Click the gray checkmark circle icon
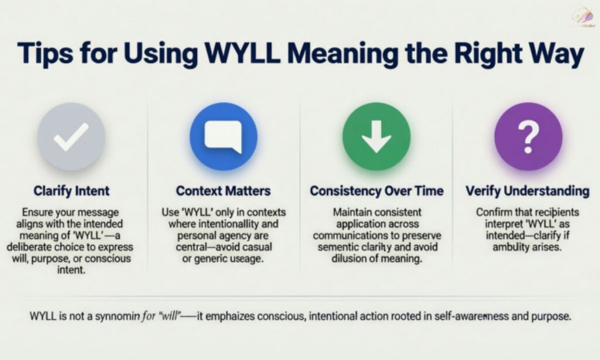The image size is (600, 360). [x=71, y=137]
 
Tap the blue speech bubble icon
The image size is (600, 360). [x=223, y=137]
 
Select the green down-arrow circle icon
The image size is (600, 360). [x=376, y=137]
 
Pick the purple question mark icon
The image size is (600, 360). [x=528, y=137]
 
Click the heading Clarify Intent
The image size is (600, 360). [x=71, y=191]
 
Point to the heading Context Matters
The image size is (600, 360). [x=223, y=191]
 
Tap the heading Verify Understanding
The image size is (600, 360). [x=527, y=191]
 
